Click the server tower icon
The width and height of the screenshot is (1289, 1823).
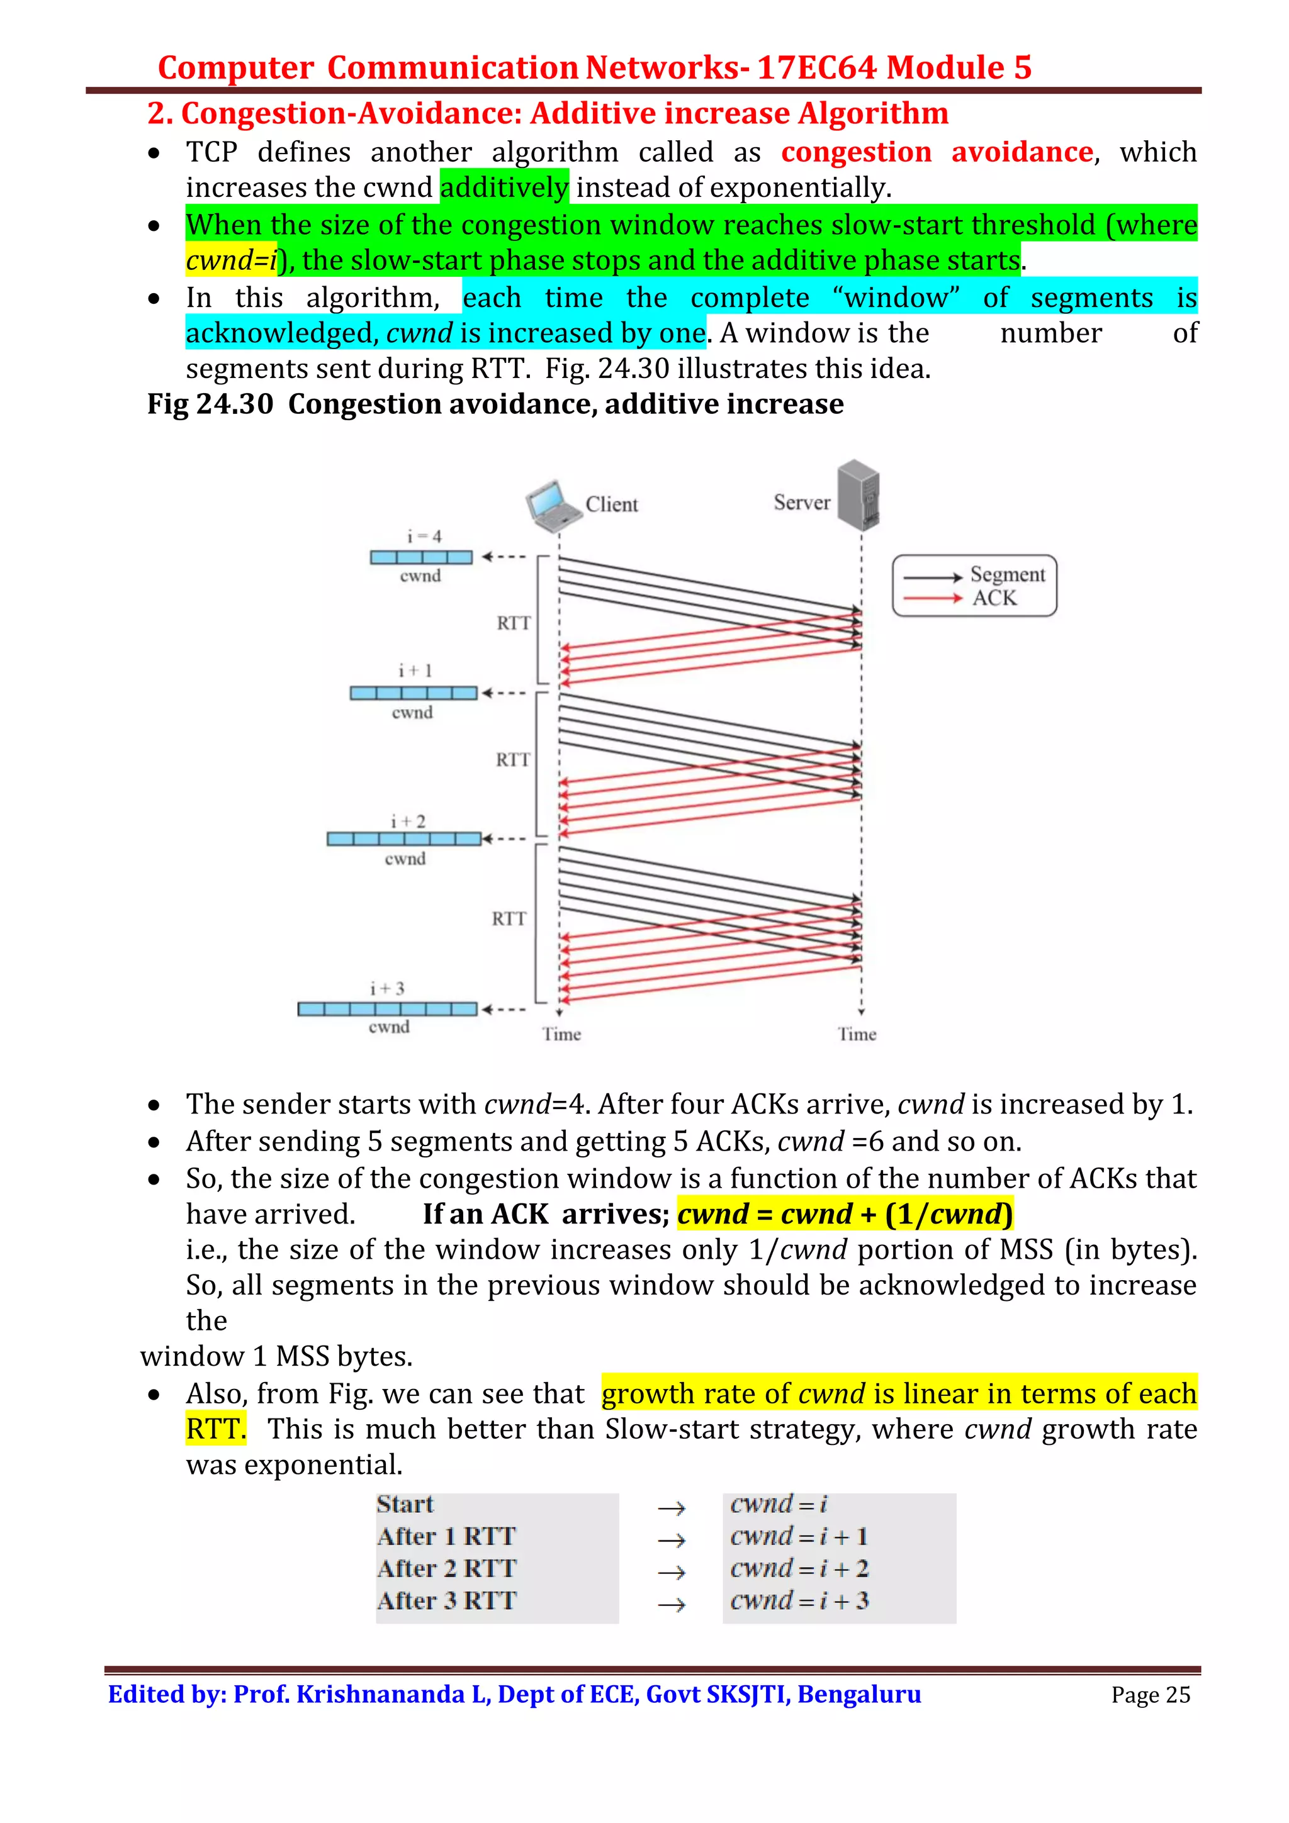(x=858, y=494)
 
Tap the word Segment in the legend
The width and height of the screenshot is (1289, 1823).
(x=1007, y=574)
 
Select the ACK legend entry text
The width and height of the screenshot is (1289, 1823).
(x=994, y=598)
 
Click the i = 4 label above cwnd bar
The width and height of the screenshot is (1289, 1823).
(x=424, y=537)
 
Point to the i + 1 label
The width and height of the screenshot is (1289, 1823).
(x=415, y=671)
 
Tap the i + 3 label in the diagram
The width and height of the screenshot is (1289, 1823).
(x=387, y=988)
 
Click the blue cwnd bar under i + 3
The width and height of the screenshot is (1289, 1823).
(x=388, y=1009)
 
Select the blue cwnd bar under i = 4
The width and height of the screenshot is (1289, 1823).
(x=421, y=557)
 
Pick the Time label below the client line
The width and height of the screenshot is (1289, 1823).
(x=561, y=1034)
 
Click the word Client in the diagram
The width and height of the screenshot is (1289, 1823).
(x=612, y=504)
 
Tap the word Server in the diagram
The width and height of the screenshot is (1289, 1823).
(x=801, y=503)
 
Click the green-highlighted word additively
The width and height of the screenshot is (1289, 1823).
(x=504, y=187)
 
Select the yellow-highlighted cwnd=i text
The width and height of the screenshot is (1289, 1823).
(x=231, y=260)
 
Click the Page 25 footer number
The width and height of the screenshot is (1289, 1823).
(x=1150, y=1695)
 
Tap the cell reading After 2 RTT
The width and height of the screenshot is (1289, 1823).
(x=446, y=1568)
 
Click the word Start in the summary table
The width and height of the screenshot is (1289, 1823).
(x=405, y=1504)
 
